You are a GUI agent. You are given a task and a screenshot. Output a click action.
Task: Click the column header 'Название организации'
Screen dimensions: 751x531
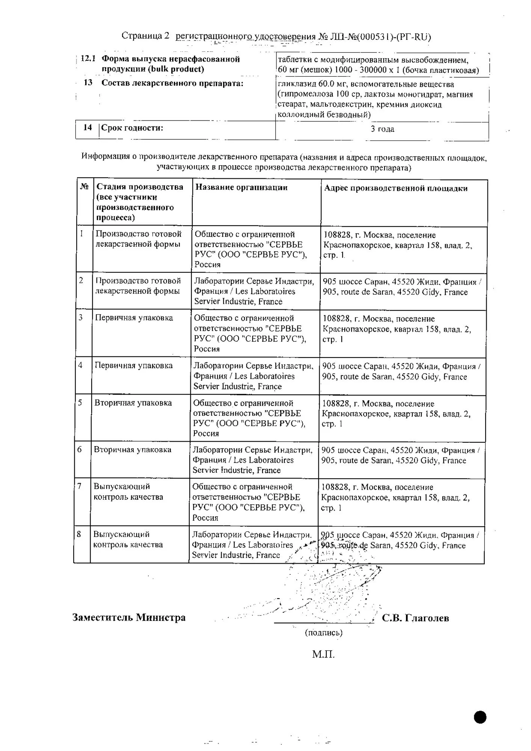coord(241,187)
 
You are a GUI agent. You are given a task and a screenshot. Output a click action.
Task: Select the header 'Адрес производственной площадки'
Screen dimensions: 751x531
coord(396,189)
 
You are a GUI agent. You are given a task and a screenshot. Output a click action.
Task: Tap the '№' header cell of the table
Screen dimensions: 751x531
coord(84,187)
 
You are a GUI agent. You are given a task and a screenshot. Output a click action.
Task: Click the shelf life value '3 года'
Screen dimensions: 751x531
coord(382,129)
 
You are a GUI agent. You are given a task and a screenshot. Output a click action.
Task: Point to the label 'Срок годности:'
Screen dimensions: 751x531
coord(132,128)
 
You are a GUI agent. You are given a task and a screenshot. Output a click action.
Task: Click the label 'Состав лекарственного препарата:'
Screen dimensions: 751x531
coord(172,83)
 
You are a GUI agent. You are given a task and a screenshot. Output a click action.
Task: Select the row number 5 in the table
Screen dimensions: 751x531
coord(80,403)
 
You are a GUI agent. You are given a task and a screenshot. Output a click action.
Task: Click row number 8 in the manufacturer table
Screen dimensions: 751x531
coord(79,534)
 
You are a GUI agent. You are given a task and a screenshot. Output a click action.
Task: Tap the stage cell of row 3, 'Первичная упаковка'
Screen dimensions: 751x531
coord(134,318)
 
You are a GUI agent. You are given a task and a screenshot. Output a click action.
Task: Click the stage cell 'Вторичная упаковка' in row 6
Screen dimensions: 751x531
coord(133,450)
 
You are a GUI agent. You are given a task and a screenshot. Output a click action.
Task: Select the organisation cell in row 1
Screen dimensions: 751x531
coord(250,249)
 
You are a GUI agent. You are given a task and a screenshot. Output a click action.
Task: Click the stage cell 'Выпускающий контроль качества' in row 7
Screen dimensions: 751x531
coord(128,492)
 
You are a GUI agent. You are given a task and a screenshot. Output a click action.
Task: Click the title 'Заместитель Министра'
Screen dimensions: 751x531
coord(129,618)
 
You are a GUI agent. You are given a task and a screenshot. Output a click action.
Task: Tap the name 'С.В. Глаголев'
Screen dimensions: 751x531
coord(415,618)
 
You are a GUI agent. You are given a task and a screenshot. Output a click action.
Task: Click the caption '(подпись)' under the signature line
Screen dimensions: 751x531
coord(324,633)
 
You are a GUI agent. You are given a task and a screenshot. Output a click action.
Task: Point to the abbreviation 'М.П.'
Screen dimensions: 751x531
coord(323,654)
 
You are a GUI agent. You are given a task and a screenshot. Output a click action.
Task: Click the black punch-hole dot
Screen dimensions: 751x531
coord(480,717)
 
